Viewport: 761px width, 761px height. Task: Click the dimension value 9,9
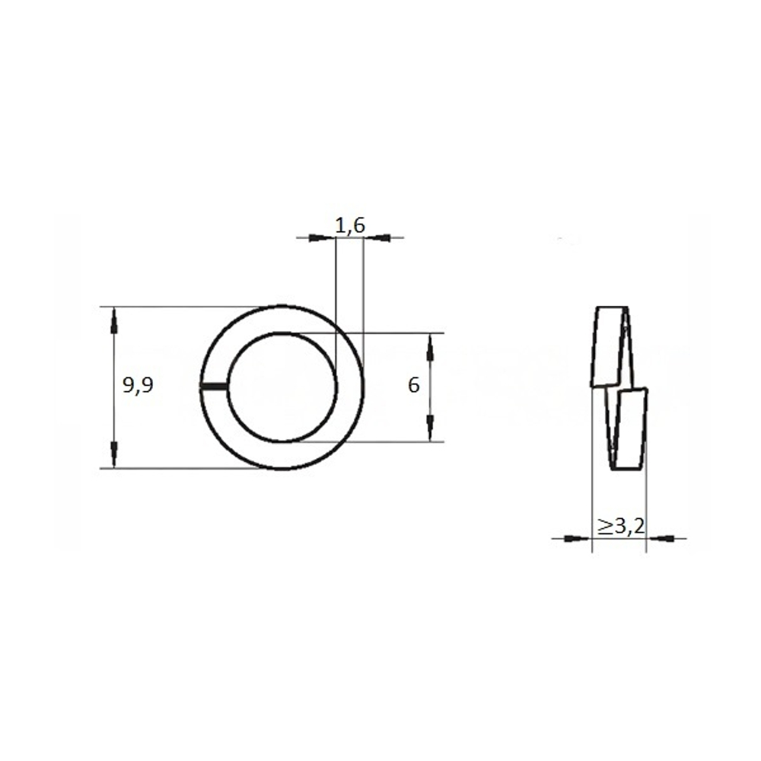pyautogui.click(x=138, y=386)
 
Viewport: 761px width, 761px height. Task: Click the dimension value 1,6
pyautogui.click(x=350, y=226)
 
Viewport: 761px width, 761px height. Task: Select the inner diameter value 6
pyautogui.click(x=413, y=386)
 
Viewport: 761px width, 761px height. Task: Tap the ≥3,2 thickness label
pyautogui.click(x=621, y=526)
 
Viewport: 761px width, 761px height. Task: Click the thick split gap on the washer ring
pyautogui.click(x=214, y=387)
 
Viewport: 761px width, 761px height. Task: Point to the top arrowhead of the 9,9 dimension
pyautogui.click(x=114, y=320)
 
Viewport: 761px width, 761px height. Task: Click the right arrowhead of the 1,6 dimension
pyautogui.click(x=377, y=237)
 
